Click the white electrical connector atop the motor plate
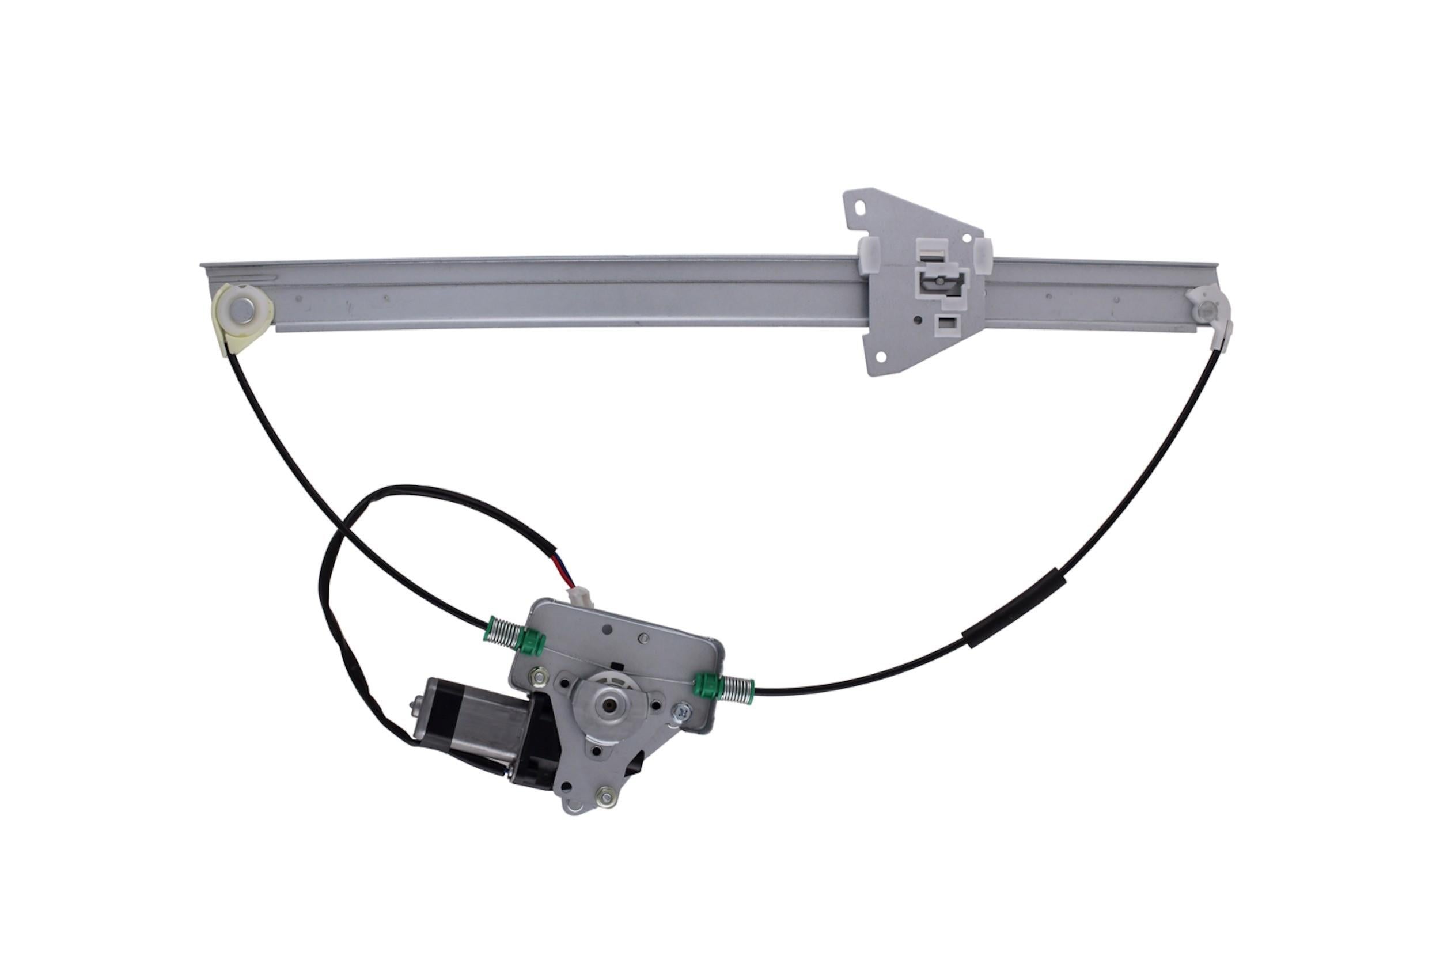coord(580,595)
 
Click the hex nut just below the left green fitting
coord(539,675)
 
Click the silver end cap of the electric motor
coord(418,711)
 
